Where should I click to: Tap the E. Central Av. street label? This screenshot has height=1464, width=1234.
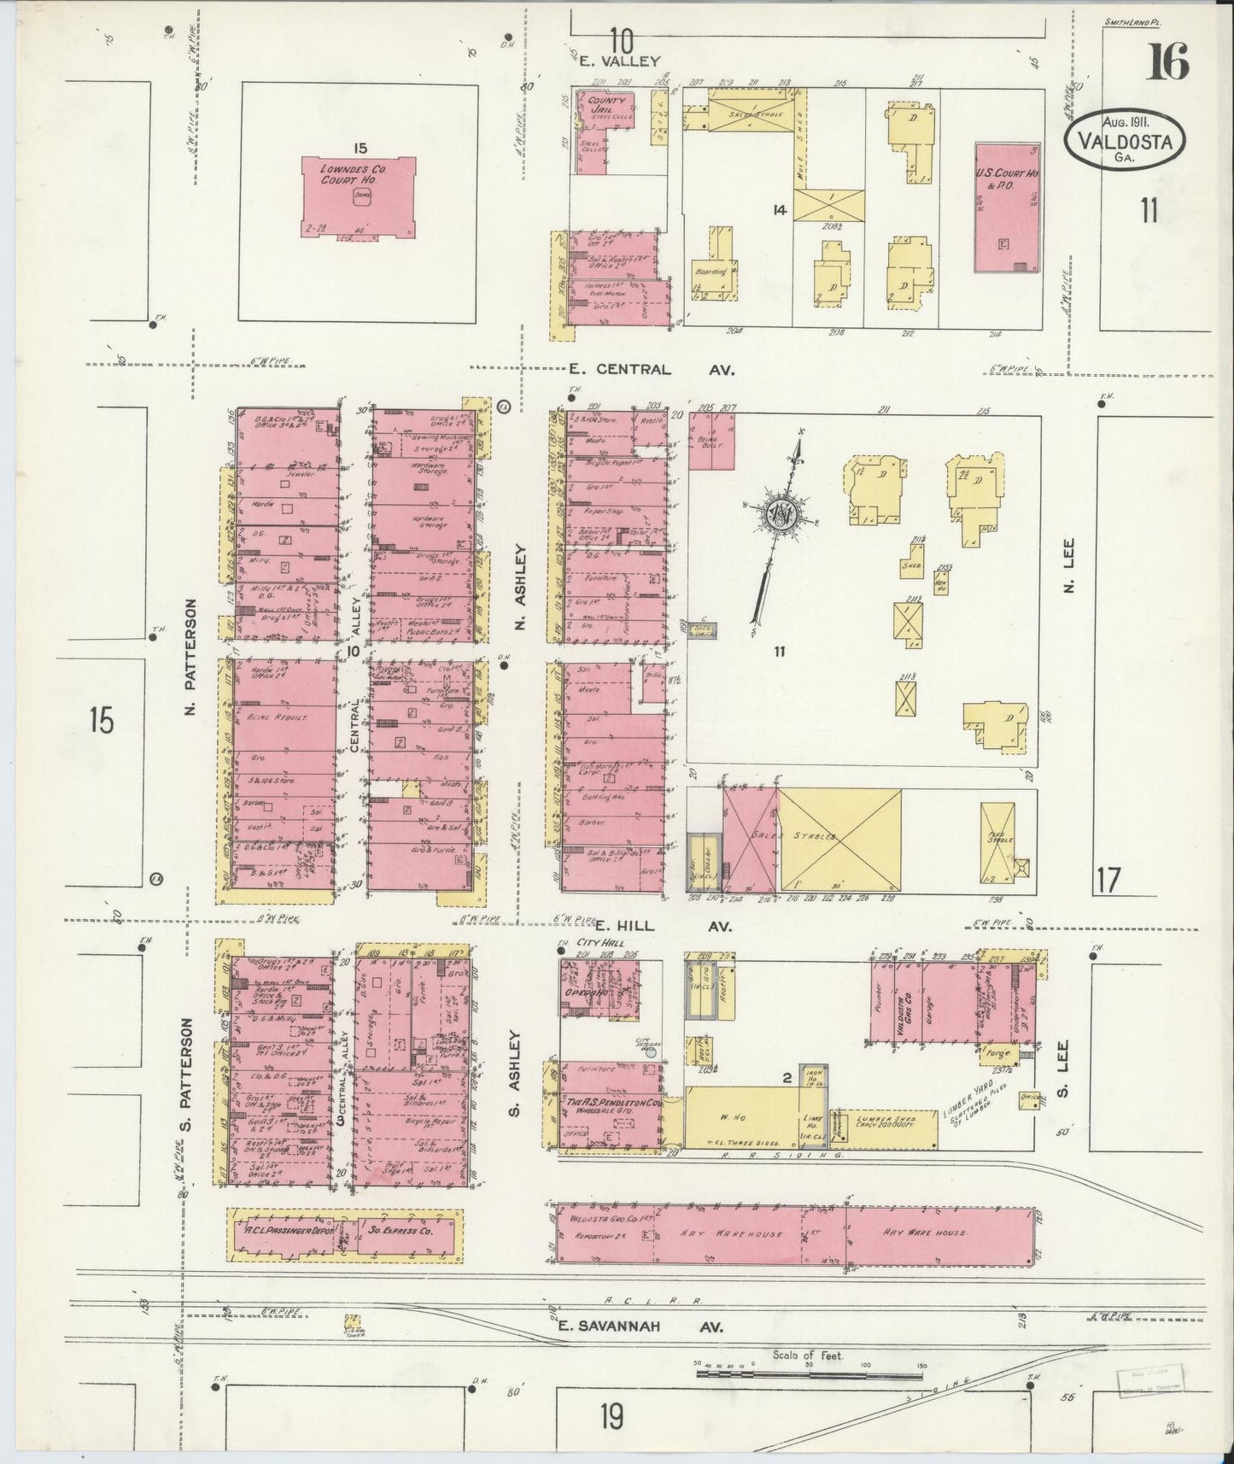click(x=651, y=370)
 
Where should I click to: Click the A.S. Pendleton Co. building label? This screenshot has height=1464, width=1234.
click(x=613, y=1104)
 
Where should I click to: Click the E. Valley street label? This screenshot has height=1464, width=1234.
click(x=620, y=61)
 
